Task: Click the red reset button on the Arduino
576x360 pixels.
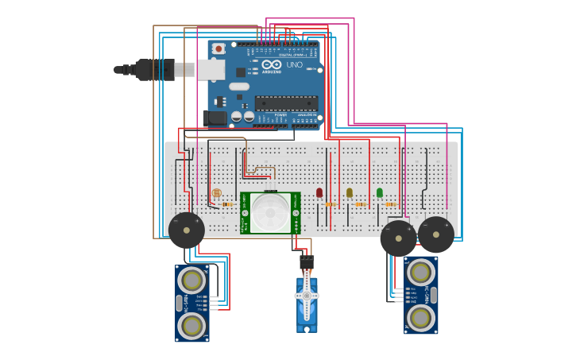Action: click(x=218, y=48)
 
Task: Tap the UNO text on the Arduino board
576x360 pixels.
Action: click(x=294, y=64)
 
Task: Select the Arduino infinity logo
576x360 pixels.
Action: click(x=272, y=64)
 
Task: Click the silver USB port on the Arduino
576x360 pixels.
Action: click(x=211, y=70)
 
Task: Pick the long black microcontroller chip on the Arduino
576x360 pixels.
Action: click(x=286, y=103)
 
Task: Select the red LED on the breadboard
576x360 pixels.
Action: click(x=319, y=192)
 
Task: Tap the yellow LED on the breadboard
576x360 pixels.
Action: click(x=350, y=192)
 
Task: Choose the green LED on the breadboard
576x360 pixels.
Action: click(x=380, y=192)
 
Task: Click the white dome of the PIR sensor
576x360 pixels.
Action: click(x=271, y=212)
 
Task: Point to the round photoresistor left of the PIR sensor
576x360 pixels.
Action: click(x=216, y=193)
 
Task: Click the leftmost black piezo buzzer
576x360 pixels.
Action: click(x=187, y=230)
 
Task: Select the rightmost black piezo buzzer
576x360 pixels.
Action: click(x=436, y=234)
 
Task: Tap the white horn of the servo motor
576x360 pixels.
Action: click(x=307, y=296)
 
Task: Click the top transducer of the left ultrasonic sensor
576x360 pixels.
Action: click(x=191, y=280)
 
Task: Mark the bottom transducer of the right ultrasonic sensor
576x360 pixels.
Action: click(x=421, y=318)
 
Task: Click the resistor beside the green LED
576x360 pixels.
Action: click(x=391, y=204)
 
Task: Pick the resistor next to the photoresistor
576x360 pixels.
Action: click(x=227, y=204)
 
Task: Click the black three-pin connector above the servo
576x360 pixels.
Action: click(x=307, y=261)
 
